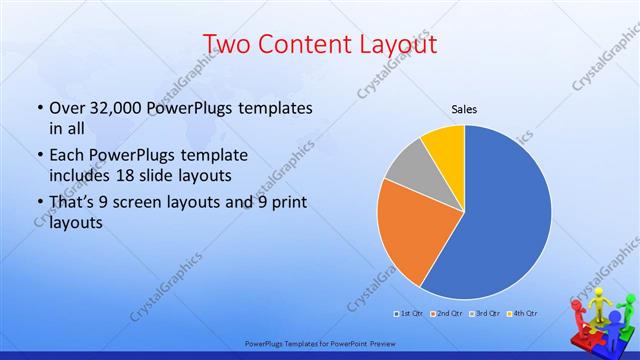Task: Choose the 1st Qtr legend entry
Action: pos(409,315)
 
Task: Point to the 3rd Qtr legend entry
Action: pos(485,315)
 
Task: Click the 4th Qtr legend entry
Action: pos(523,315)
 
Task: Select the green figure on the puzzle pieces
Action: pos(616,318)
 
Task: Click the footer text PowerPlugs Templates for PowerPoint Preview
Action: pos(319,342)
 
